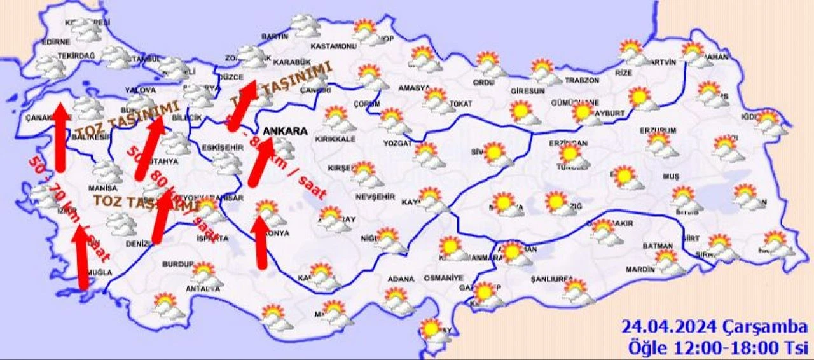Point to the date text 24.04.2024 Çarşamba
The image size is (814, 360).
point(715,329)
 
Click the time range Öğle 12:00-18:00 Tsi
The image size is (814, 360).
point(717,348)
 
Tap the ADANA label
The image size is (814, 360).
point(401,279)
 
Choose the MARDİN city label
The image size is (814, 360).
point(638,270)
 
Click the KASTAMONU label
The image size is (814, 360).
point(333,46)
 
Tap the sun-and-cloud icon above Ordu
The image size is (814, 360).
point(488,63)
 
